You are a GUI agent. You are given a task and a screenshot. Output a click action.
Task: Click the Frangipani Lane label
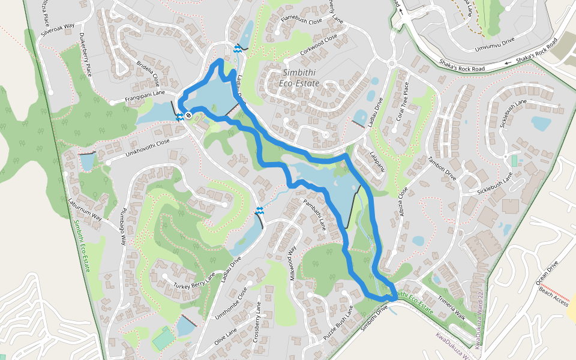[145, 94]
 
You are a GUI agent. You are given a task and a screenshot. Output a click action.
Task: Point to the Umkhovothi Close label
[147, 148]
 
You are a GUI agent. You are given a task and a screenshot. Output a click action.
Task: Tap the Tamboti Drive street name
[442, 167]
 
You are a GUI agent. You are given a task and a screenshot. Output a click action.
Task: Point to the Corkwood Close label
[319, 46]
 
